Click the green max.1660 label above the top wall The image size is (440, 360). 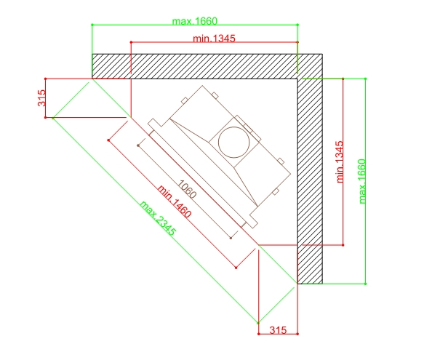pyautogui.click(x=195, y=21)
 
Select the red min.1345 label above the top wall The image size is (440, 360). pyautogui.click(x=214, y=39)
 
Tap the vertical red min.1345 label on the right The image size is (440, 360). pyautogui.click(x=340, y=162)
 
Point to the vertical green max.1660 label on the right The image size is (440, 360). pyautogui.click(x=362, y=181)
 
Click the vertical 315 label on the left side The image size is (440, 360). pyautogui.click(x=41, y=98)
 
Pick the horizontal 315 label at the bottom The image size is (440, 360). pyautogui.click(x=278, y=330)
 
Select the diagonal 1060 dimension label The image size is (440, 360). pyautogui.click(x=187, y=189)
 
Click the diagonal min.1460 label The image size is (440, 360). pyautogui.click(x=175, y=201)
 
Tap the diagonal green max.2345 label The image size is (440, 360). pyautogui.click(x=158, y=218)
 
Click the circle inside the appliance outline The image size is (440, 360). pyautogui.click(x=233, y=143)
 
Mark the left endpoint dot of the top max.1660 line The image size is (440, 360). pyautogui.click(x=92, y=25)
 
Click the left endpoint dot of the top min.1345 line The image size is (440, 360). pyautogui.click(x=131, y=42)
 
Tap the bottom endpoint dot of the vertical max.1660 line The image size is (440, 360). pyautogui.click(x=365, y=284)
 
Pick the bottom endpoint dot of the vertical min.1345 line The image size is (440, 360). pyautogui.click(x=343, y=245)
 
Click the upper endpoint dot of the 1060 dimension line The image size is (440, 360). pyautogui.click(x=138, y=145)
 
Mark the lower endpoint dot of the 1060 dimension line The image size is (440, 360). pyautogui.click(x=231, y=238)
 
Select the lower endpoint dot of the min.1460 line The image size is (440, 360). pyautogui.click(x=236, y=268)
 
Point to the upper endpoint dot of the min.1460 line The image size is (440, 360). pyautogui.click(x=108, y=140)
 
